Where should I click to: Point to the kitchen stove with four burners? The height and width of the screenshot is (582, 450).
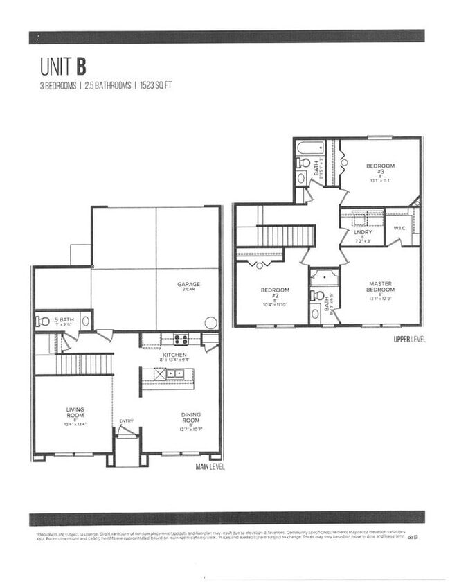pyautogui.click(x=181, y=339)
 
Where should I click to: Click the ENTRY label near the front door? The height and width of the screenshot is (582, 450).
pyautogui.click(x=126, y=421)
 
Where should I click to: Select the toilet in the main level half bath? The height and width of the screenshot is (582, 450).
pyautogui.click(x=44, y=321)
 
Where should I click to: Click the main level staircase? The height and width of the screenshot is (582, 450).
pyautogui.click(x=84, y=364)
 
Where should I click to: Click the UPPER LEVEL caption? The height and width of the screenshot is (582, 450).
pyautogui.click(x=410, y=339)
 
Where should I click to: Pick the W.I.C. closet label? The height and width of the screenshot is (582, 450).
pyautogui.click(x=399, y=227)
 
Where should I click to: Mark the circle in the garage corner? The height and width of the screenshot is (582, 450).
pyautogui.click(x=211, y=323)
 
